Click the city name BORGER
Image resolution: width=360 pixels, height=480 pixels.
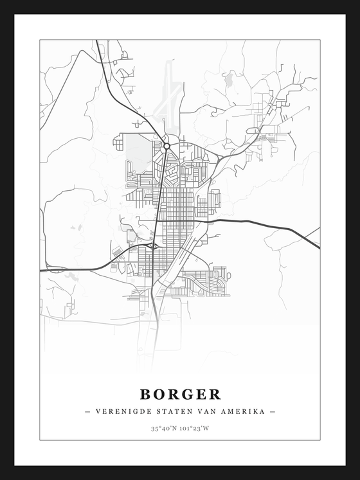point(180,394)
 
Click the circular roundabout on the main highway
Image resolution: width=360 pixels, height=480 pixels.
point(166,147)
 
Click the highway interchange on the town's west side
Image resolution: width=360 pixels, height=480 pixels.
point(152,245)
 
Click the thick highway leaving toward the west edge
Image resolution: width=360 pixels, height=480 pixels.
point(71,269)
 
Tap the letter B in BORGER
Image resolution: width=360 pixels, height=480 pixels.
point(146,394)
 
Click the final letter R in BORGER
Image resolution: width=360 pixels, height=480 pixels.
point(214,394)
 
